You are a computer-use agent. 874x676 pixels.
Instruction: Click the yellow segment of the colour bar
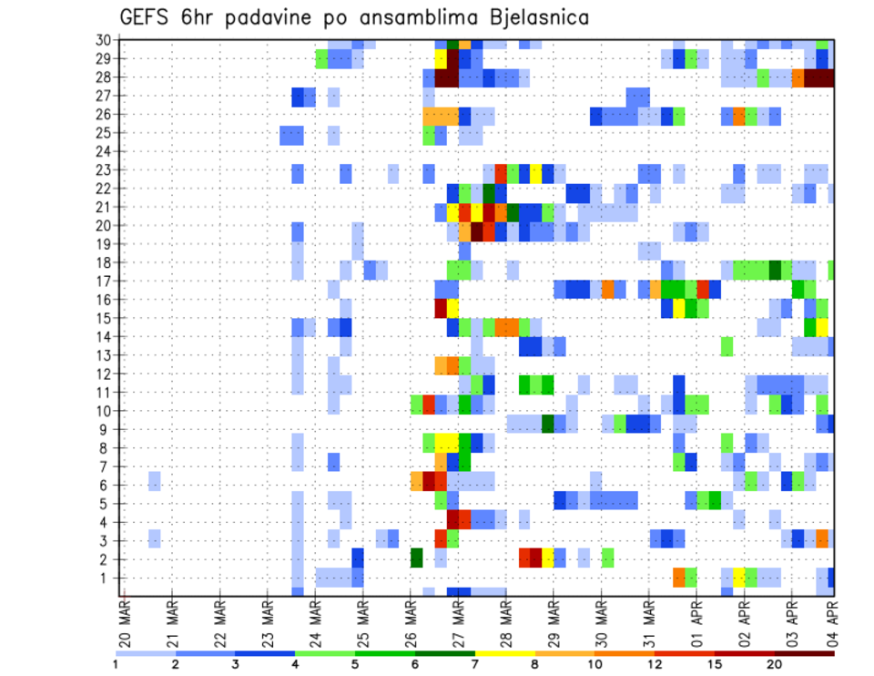coord(504,653)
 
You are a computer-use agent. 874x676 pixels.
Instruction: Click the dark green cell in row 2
coord(416,558)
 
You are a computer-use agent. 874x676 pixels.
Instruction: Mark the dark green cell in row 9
coord(547,424)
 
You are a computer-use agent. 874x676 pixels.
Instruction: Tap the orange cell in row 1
coord(678,577)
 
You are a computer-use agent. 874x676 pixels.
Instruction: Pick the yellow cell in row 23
coord(535,170)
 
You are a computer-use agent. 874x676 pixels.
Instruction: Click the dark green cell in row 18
coord(775,270)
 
